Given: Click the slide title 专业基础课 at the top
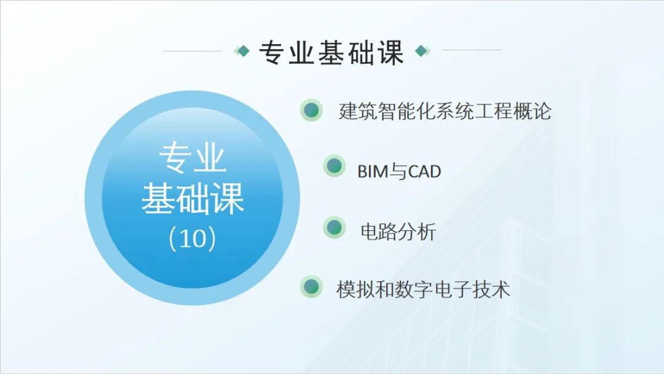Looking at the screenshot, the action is [331, 53].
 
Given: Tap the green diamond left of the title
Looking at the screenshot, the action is [242, 51].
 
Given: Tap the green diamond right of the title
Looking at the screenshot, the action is [422, 51].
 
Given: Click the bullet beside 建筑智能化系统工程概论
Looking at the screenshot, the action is [311, 110].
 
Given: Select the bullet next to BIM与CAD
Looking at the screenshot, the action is [334, 165].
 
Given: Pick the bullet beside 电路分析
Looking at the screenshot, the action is [334, 227].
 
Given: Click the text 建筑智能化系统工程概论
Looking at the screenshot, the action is [445, 111].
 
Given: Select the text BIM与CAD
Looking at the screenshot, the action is [399, 171].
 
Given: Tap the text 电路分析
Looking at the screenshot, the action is [398, 232].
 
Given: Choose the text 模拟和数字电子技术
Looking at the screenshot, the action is [423, 289].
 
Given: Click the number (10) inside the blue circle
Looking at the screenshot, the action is [192, 238].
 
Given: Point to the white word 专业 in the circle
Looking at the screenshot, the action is [192, 157].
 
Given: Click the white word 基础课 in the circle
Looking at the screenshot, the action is [192, 198].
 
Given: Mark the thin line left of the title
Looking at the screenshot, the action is [192, 51].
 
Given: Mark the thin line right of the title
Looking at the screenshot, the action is [472, 50].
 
